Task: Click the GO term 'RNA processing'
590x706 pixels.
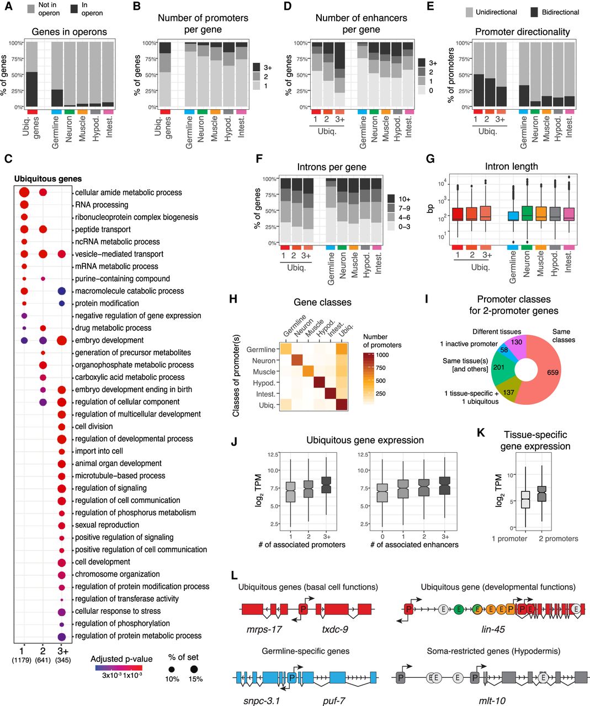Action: click(x=102, y=205)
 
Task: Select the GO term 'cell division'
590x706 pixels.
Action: click(x=94, y=426)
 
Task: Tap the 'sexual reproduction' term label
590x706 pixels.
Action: click(x=107, y=525)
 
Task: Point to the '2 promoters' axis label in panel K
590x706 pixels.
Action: click(x=558, y=539)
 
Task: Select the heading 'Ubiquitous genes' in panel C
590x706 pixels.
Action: click(x=47, y=179)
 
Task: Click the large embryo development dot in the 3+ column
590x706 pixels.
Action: click(x=62, y=340)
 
